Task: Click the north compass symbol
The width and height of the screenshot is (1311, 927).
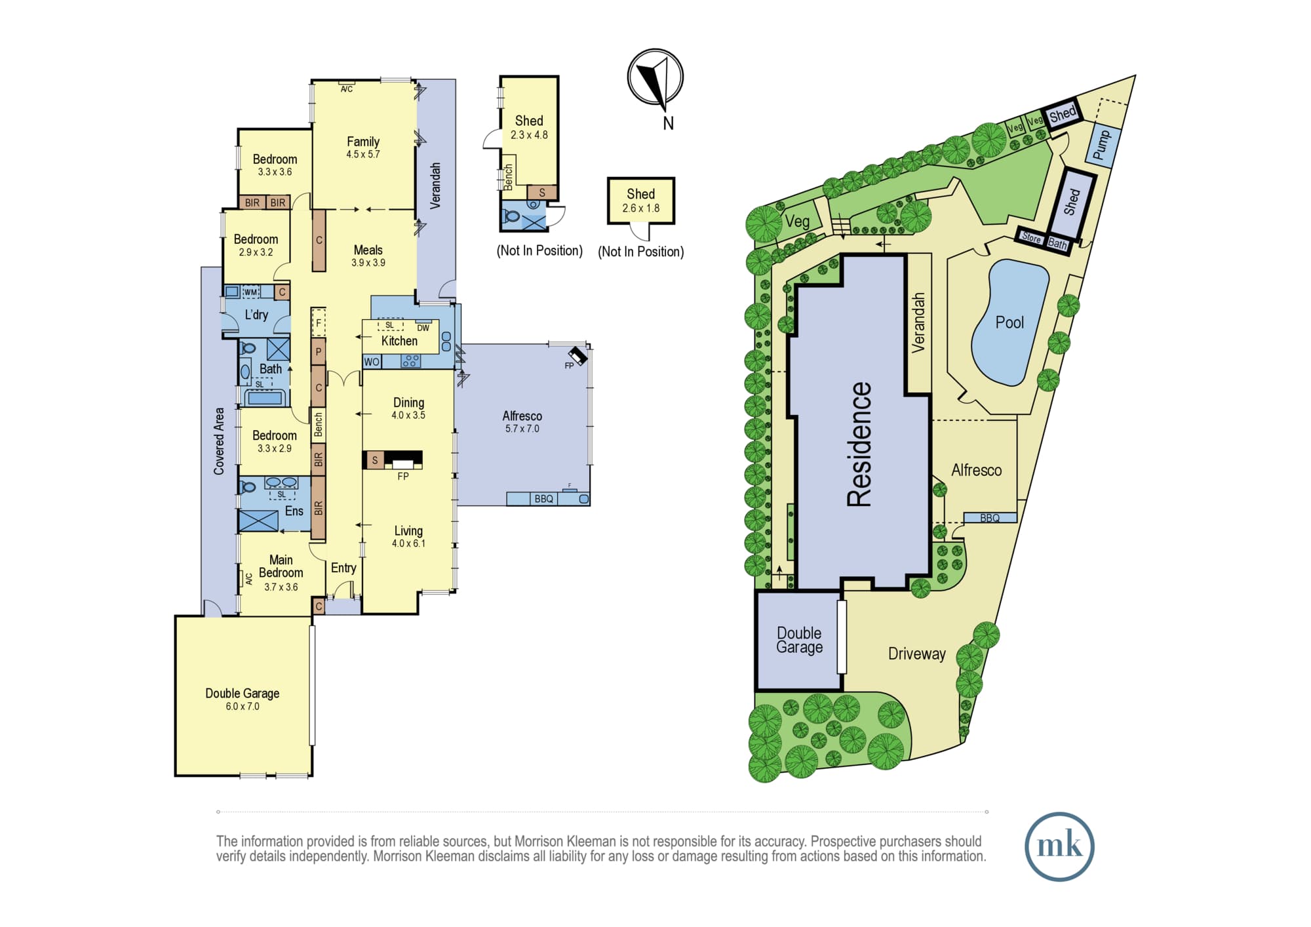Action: point(655,77)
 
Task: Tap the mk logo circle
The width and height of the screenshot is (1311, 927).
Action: point(1059,846)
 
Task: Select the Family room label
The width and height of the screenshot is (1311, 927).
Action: point(363,142)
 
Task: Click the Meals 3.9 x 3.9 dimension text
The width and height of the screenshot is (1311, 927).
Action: point(368,263)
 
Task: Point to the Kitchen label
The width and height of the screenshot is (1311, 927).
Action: point(399,341)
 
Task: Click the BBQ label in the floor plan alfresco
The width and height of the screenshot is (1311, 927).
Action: point(544,499)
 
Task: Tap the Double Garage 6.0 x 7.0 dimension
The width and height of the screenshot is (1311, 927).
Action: point(243,707)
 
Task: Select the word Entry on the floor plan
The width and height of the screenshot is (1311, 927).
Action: point(343,568)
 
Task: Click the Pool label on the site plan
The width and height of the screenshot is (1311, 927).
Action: point(1009,323)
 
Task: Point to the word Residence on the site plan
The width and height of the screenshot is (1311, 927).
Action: point(860,444)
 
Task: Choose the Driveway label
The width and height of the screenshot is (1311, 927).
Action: point(917,654)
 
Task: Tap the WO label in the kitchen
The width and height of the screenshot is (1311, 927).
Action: point(372,362)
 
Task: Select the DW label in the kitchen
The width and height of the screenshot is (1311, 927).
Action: point(423,328)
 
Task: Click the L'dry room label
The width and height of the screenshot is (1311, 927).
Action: point(256,315)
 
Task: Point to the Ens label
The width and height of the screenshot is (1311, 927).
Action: point(294,511)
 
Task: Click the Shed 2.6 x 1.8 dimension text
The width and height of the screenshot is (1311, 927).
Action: point(641,208)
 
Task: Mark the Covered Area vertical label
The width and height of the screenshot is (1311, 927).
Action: point(219,441)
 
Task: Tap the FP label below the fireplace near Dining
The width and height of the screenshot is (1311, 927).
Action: point(403,477)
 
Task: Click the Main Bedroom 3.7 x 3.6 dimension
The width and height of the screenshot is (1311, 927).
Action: point(281,587)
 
